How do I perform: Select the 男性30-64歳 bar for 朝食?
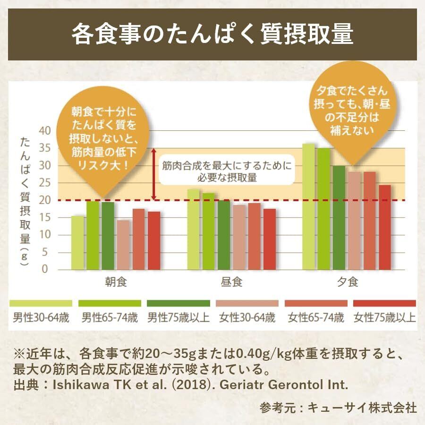click(78, 242)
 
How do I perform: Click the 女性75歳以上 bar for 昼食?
click(270, 239)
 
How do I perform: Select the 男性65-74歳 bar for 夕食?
click(324, 208)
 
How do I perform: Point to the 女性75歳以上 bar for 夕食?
click(385, 227)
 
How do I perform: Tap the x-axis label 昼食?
click(231, 282)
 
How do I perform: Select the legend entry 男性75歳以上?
click(178, 317)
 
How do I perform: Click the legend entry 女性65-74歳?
click(316, 317)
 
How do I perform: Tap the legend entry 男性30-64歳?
click(41, 317)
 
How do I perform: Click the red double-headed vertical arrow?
click(153, 173)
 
